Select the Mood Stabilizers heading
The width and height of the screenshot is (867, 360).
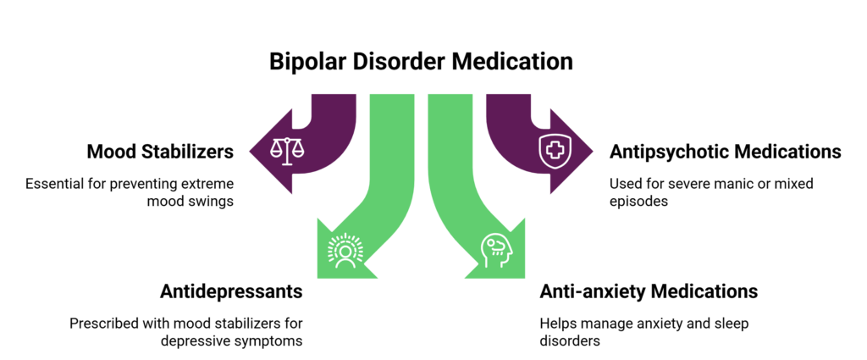(160, 152)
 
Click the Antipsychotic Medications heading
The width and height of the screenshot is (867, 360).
(726, 152)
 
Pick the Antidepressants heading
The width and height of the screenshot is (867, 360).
(231, 292)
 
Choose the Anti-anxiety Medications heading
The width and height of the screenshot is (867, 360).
(649, 292)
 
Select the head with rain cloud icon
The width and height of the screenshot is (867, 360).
(494, 249)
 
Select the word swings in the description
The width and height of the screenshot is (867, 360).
(212, 202)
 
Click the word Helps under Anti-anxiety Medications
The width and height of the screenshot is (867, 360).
(559, 324)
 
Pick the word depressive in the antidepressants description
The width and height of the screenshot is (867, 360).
(194, 342)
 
